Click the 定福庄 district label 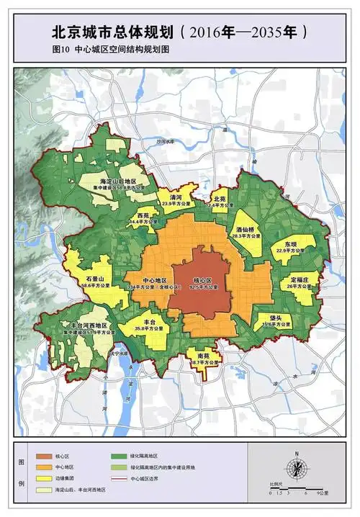pyautogui.click(x=300, y=279)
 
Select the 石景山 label pyautogui.click(x=95, y=278)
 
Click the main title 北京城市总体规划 pyautogui.click(x=112, y=32)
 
